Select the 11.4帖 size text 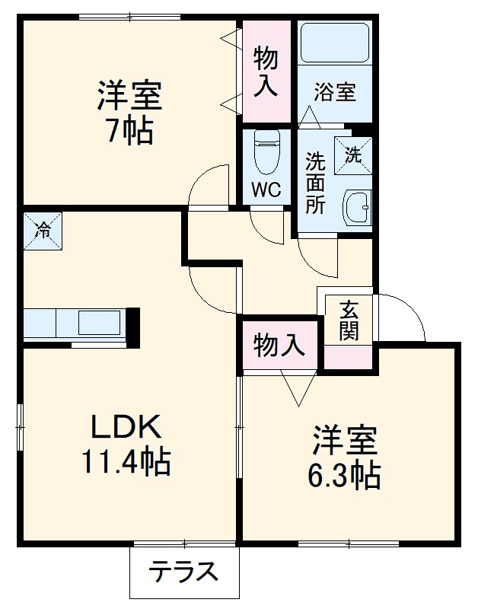tap(126, 462)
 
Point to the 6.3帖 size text tap(344, 476)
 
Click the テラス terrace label tap(183, 572)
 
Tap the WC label tap(266, 189)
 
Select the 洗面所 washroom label tap(315, 183)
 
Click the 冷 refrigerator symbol tap(43, 230)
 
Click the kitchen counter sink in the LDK tap(99, 322)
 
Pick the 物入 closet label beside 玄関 tap(279, 346)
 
